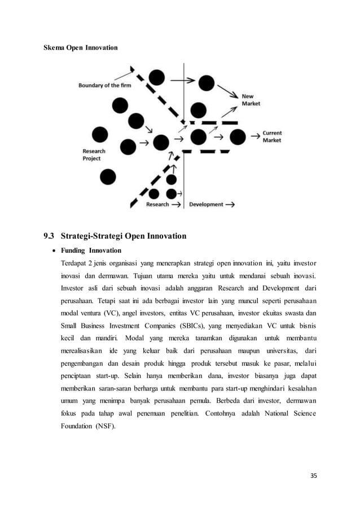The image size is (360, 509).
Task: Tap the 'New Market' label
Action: [x=251, y=100]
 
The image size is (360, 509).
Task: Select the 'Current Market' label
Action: [x=272, y=137]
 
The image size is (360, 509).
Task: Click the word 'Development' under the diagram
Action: [x=206, y=204]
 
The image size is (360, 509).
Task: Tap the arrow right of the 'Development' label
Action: [x=230, y=204]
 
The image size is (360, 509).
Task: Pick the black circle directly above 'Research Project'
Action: [x=99, y=134]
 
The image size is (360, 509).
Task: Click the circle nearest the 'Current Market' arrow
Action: [x=238, y=137]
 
